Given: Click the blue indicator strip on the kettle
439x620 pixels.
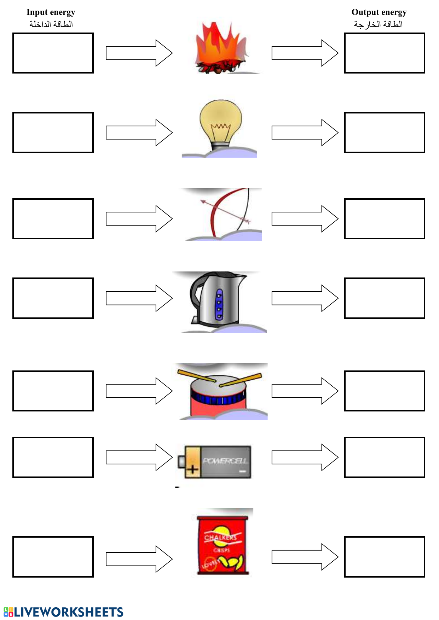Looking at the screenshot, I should click(219, 304).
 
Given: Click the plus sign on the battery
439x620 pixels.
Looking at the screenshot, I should click(192, 470).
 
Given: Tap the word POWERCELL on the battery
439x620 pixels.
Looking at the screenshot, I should click(225, 461).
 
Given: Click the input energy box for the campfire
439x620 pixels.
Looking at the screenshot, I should click(53, 53).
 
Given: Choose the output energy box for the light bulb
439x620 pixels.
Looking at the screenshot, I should click(385, 133).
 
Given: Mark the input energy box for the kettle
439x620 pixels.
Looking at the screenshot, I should click(53, 298).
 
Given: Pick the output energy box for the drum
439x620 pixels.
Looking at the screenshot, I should click(385, 391).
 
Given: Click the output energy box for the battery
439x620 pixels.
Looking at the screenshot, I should click(385, 457).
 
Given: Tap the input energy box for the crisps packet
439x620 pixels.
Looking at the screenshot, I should click(53, 557).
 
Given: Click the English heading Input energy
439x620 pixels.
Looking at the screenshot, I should click(51, 12).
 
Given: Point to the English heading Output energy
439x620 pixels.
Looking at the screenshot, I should click(379, 12).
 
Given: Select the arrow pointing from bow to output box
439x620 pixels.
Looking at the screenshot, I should click(305, 219).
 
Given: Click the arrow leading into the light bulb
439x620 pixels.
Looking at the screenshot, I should click(139, 133).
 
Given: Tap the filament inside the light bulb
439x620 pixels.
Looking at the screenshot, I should click(221, 127).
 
